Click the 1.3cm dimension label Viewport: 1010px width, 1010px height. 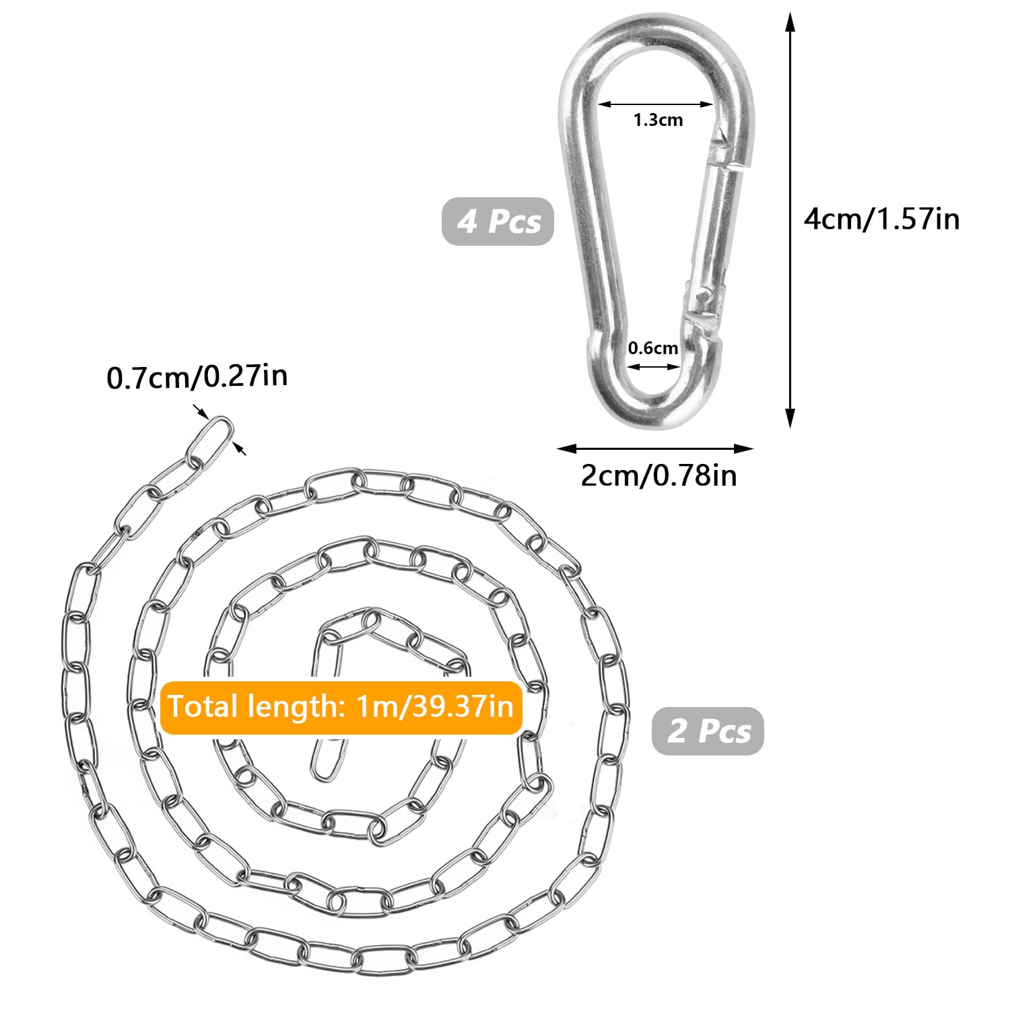pyautogui.click(x=658, y=120)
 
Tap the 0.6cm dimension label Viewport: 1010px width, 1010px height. pyautogui.click(x=652, y=348)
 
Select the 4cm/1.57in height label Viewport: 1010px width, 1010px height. pyautogui.click(x=881, y=220)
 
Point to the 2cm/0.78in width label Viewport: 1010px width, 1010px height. pyautogui.click(x=659, y=475)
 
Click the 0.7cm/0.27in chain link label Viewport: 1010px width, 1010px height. pyautogui.click(x=197, y=376)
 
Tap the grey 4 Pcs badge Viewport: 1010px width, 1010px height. pyautogui.click(x=498, y=221)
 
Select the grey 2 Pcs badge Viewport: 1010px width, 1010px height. pyautogui.click(x=708, y=731)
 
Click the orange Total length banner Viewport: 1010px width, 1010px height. pyautogui.click(x=341, y=707)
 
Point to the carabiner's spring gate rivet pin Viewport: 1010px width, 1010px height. pyautogui.click(x=703, y=294)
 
